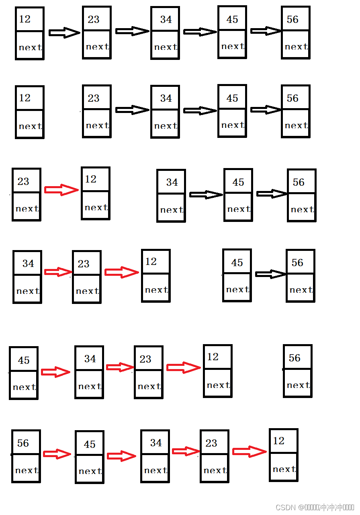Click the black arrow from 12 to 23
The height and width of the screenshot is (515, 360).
[64, 33]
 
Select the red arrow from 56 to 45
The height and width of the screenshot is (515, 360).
[57, 454]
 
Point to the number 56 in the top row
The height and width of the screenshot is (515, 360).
[292, 20]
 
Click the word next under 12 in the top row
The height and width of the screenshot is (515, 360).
[30, 47]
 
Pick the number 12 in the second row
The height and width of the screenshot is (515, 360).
[25, 98]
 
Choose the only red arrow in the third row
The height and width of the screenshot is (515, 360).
[61, 190]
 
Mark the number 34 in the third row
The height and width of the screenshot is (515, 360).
[172, 183]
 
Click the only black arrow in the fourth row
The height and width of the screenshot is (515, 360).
[270, 274]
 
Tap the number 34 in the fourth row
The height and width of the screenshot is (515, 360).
[28, 263]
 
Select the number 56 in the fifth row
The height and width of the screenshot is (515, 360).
[295, 358]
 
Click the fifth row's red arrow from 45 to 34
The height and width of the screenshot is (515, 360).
[55, 372]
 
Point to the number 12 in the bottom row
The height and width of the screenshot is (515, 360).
[278, 441]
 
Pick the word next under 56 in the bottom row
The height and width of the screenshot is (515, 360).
[27, 470]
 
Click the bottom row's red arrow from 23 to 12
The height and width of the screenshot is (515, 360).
[249, 451]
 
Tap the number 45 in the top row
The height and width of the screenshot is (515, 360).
[232, 19]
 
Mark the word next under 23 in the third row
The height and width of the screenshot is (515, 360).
[27, 209]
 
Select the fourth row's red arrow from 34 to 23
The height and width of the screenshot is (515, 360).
[57, 272]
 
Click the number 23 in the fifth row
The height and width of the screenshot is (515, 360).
[145, 359]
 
